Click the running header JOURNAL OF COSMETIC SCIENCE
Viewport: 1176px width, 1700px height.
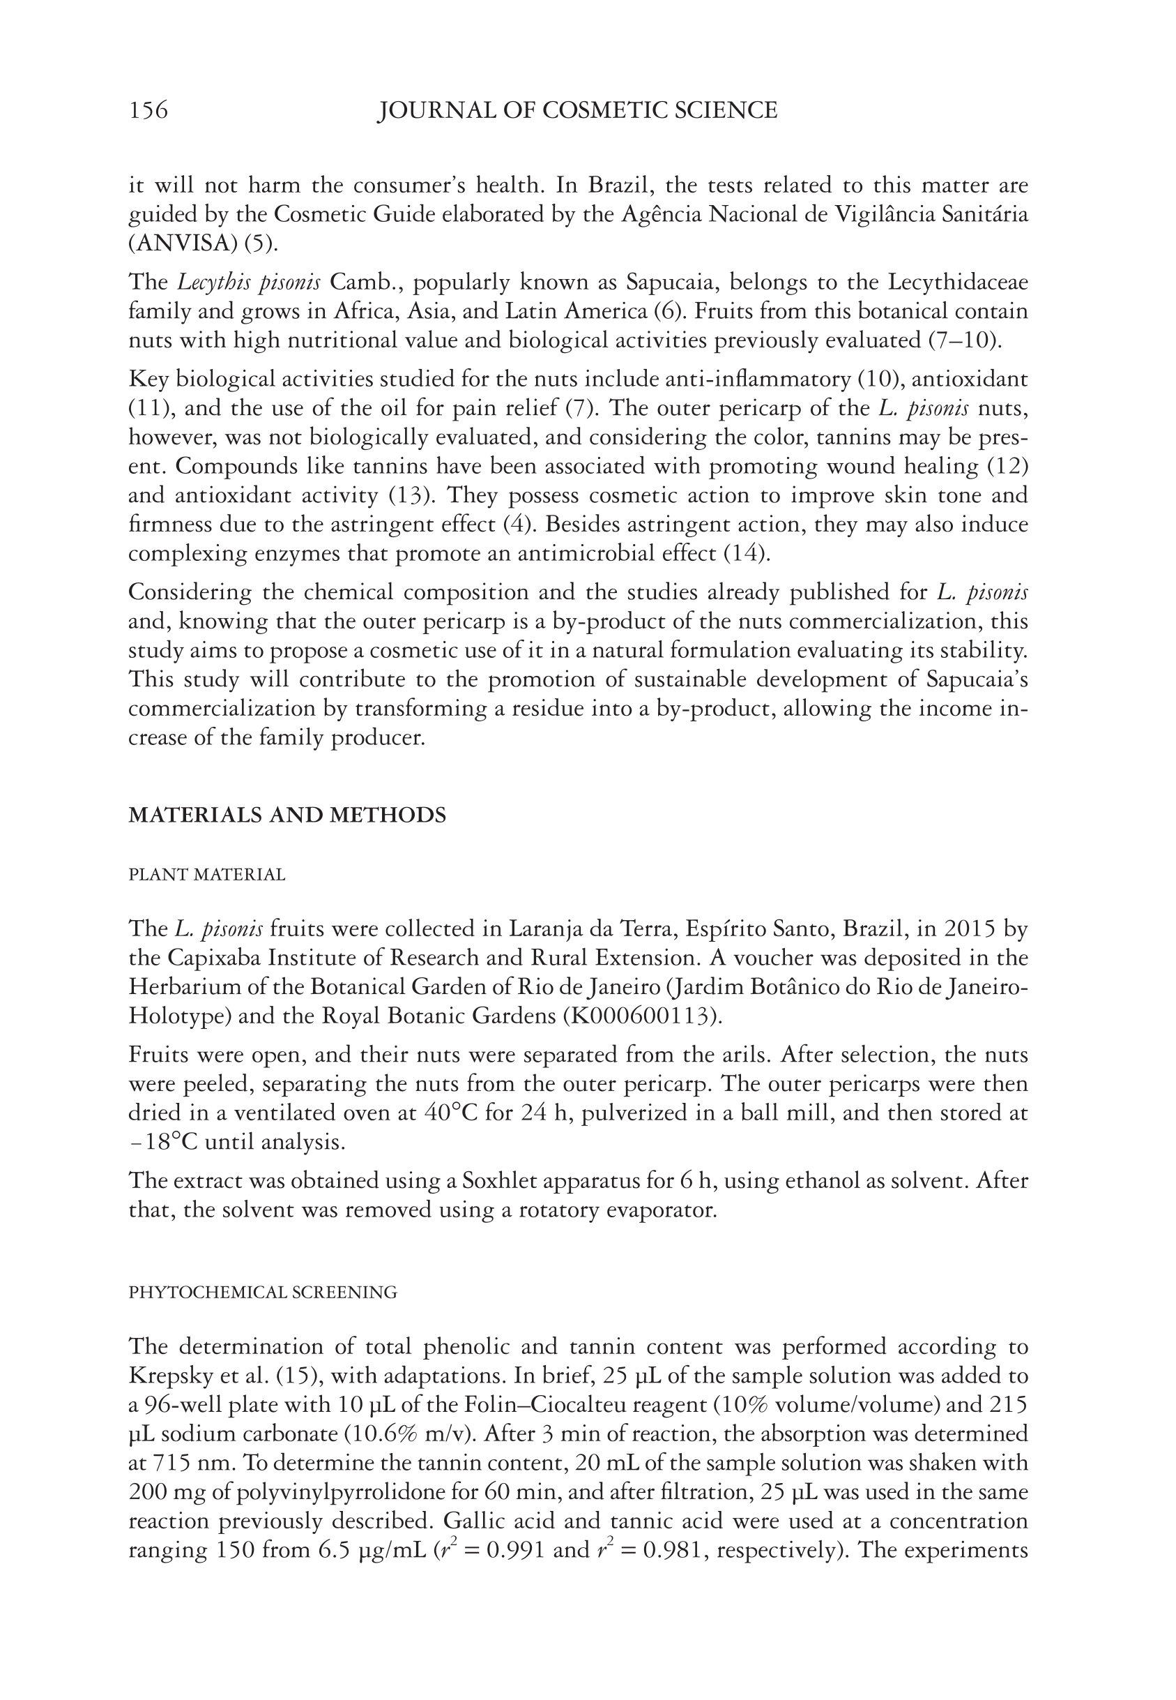tap(577, 111)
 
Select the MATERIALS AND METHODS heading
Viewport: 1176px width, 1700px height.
tap(287, 815)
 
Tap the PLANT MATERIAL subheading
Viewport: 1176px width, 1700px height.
tap(207, 875)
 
